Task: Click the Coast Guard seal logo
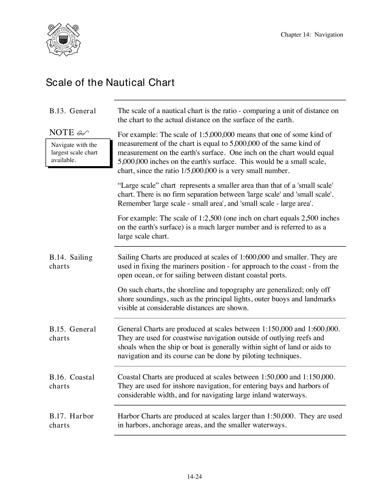click(x=63, y=40)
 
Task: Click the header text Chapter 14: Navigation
click(x=312, y=35)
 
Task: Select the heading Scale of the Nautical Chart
click(x=110, y=83)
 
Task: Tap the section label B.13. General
click(x=72, y=111)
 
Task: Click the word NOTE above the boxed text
click(x=62, y=132)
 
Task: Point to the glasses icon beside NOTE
click(x=83, y=133)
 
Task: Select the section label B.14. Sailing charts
click(x=71, y=262)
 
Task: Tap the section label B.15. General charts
click(x=72, y=334)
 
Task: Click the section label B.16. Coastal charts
click(x=72, y=382)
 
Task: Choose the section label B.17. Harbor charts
click(x=71, y=420)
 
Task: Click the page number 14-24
click(x=194, y=477)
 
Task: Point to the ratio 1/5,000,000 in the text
click(x=199, y=171)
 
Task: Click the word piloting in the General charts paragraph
click(x=253, y=356)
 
